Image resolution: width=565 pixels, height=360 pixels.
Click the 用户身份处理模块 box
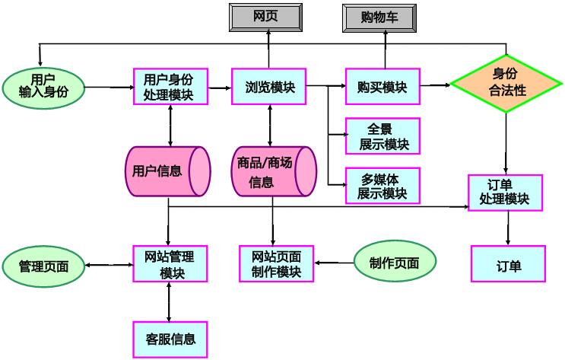point(168,88)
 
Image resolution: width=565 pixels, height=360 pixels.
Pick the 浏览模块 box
point(268,88)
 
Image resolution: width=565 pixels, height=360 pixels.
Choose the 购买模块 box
point(382,88)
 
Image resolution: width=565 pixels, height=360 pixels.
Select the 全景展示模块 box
point(382,135)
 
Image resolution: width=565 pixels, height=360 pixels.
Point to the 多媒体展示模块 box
point(382,185)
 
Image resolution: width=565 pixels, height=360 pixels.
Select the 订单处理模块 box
point(505,193)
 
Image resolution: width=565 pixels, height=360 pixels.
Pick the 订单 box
point(508,266)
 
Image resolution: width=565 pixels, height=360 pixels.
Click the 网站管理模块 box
point(168,263)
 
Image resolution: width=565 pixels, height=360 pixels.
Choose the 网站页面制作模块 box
point(276,263)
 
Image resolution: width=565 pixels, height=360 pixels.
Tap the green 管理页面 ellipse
point(44,266)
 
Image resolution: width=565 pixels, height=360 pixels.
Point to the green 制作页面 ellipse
point(395,263)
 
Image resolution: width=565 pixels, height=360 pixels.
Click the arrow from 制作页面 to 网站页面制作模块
point(334,263)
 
